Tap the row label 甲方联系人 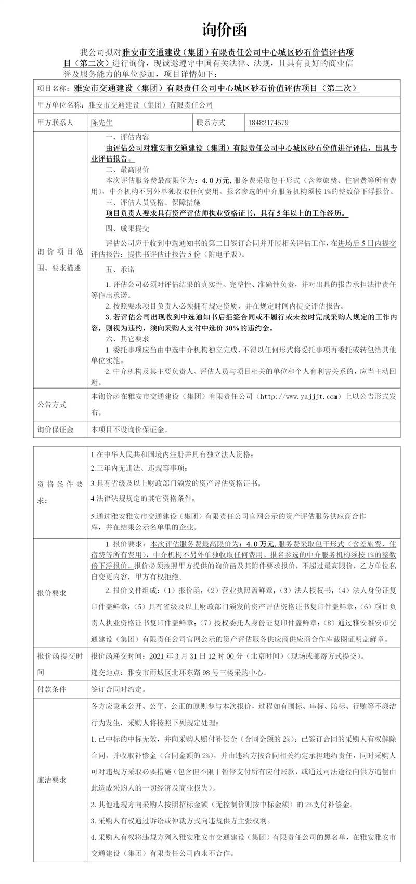click(x=56, y=123)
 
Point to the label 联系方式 click(x=211, y=123)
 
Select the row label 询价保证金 click(x=56, y=430)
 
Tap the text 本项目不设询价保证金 click(x=129, y=430)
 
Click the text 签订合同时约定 click(x=119, y=690)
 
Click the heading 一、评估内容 click(x=127, y=138)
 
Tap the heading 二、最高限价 click(x=127, y=169)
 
